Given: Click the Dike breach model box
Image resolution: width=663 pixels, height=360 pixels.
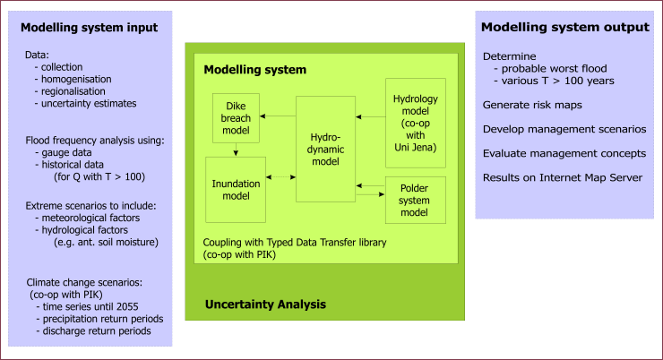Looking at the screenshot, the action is tap(236, 118).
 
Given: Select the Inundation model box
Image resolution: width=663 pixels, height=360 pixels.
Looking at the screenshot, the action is tap(236, 190).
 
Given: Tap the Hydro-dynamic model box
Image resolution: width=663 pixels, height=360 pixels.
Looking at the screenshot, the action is tap(325, 150).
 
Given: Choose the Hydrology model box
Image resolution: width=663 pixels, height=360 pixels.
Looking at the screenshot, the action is tap(416, 123).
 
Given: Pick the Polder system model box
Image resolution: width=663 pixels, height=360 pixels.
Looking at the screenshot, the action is tap(416, 200).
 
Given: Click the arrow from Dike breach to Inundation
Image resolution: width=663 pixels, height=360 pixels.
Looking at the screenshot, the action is tap(236, 150).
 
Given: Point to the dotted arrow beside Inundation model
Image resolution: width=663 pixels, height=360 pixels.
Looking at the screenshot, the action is tap(280, 177).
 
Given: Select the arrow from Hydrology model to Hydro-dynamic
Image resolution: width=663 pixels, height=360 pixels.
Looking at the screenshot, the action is tap(370, 116).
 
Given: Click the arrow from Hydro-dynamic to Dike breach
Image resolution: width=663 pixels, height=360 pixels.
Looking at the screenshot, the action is tap(278, 116).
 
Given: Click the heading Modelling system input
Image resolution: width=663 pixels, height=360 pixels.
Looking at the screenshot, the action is tap(90, 28).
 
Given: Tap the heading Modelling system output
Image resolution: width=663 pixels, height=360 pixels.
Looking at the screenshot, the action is tap(565, 27).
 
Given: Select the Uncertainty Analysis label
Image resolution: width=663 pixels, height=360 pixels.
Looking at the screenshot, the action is tap(265, 304).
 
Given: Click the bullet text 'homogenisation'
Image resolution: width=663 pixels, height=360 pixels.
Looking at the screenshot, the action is tap(76, 79).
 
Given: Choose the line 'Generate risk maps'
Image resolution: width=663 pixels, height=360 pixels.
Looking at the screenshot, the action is tap(532, 105).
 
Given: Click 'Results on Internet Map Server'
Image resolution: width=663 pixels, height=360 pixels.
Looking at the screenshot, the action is tap(563, 177).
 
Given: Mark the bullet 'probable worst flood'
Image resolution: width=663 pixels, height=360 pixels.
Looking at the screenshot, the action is tap(554, 68).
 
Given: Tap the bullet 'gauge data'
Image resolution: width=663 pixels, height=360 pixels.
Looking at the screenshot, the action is tap(66, 152).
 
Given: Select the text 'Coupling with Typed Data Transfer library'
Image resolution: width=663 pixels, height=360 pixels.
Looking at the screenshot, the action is tap(295, 243).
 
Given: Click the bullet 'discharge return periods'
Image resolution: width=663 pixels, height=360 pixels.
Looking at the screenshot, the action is tap(97, 330).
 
